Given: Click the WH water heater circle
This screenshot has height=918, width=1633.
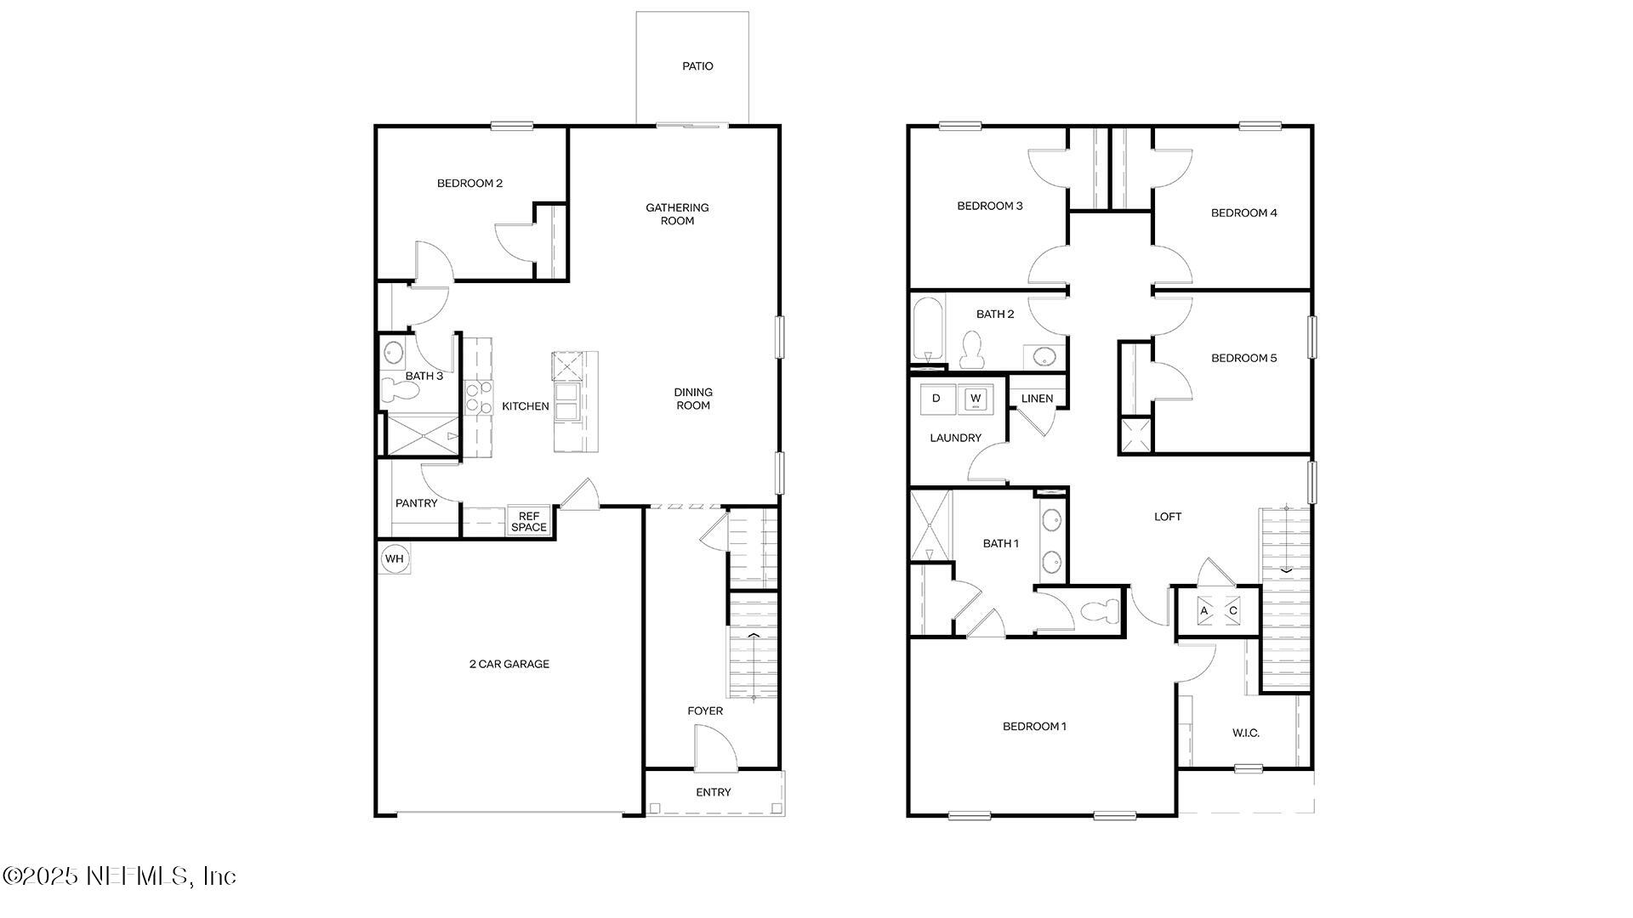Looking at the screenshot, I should [394, 558].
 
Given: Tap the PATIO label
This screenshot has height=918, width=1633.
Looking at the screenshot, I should [697, 66].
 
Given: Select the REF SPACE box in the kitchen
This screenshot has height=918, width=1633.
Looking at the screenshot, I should [529, 522].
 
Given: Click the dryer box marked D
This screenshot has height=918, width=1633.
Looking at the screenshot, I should [936, 398].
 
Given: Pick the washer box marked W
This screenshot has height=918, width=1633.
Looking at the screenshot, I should [976, 398].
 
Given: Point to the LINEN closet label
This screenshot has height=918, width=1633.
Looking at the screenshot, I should [1037, 399].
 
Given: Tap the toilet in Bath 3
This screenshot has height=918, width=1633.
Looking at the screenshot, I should [400, 390].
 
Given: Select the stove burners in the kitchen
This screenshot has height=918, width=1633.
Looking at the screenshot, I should [479, 398].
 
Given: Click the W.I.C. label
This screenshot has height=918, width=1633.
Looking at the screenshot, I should [1245, 733].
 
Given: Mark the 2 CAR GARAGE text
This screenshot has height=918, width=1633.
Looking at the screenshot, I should [509, 664].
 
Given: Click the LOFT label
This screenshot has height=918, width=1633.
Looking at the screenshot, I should [1167, 517].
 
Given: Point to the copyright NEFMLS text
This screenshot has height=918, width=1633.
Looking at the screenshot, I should [119, 875].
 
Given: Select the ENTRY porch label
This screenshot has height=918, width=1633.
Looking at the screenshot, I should [713, 792].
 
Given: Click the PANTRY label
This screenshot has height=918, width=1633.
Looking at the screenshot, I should [416, 503].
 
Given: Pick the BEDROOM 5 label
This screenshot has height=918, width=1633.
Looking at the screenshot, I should [1243, 358].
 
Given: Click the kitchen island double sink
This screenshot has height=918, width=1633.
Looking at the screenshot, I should [566, 401].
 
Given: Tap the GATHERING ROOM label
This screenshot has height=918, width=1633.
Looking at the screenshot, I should [677, 214].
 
